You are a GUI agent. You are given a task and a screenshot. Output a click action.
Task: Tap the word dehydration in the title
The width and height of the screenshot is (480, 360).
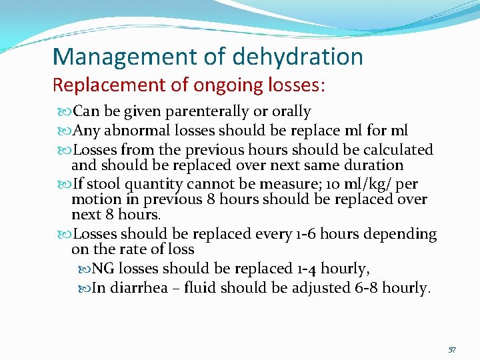[298, 57]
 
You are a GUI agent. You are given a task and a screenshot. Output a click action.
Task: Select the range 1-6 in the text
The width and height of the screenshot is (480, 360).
[304, 234]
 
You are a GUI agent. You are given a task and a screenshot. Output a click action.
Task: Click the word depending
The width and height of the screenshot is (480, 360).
[403, 234]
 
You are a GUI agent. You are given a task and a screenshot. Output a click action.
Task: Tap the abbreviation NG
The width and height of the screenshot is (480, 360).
[101, 269]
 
